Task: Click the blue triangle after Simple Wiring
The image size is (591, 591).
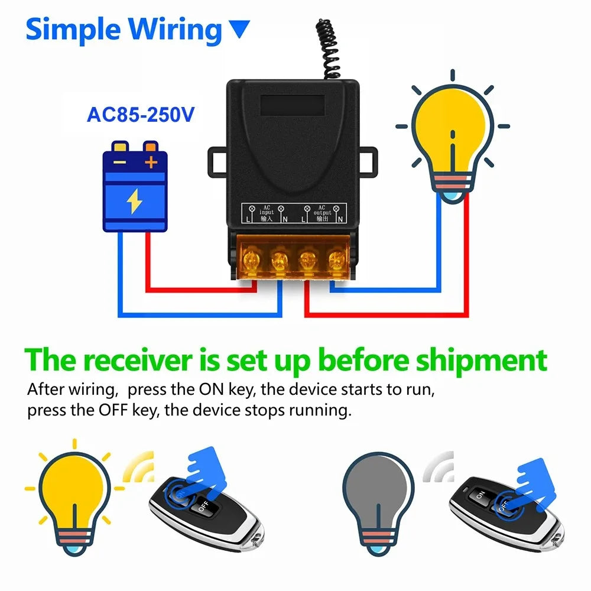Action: [x=239, y=28]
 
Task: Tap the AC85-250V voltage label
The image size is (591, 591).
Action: [x=140, y=114]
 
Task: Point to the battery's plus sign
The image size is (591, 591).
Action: [x=151, y=161]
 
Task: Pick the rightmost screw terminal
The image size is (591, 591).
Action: [x=337, y=259]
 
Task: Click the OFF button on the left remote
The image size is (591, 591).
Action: [x=204, y=506]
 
